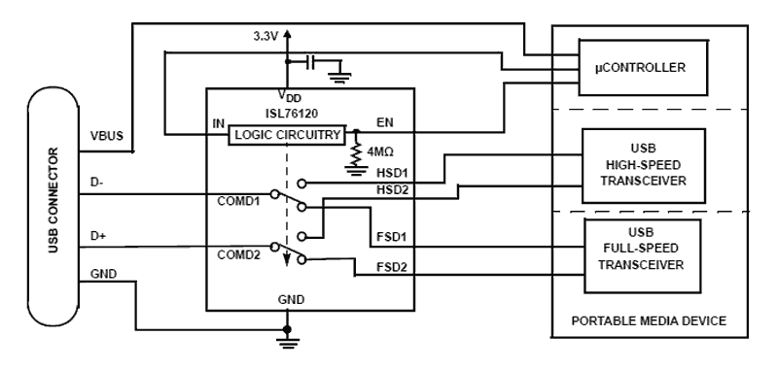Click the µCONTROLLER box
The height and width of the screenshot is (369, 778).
(x=637, y=69)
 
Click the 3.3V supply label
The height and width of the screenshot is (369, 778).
(x=265, y=36)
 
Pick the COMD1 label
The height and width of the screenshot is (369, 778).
(x=239, y=201)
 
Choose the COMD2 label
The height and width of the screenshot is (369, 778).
(x=239, y=253)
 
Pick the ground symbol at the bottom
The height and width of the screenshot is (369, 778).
(x=286, y=339)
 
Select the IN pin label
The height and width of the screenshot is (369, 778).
(x=219, y=125)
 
